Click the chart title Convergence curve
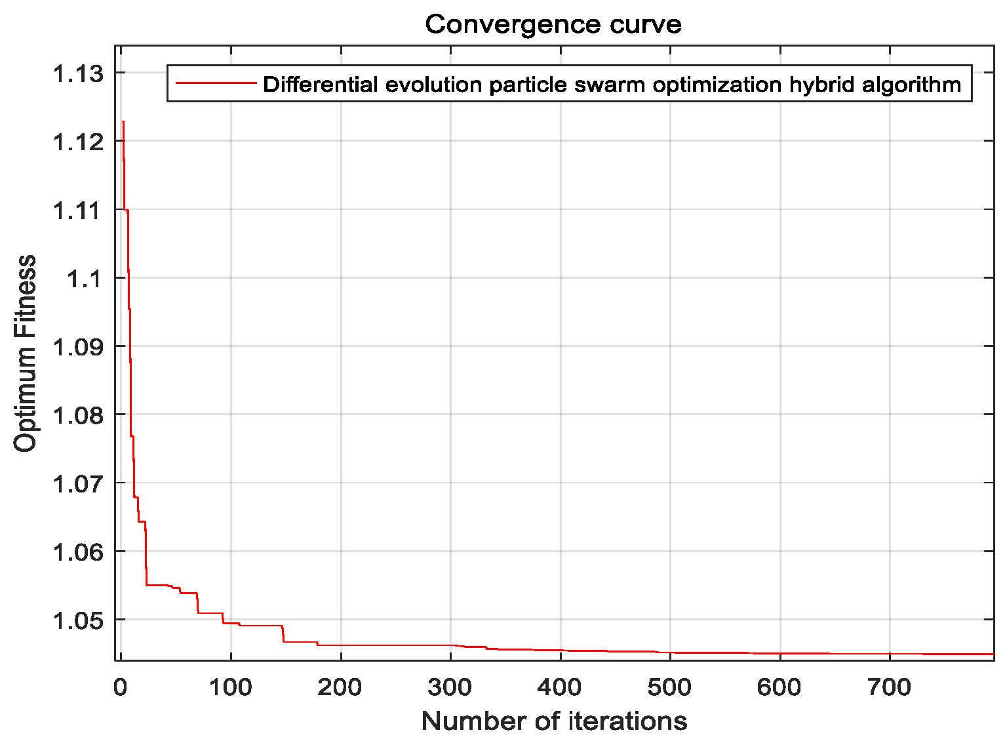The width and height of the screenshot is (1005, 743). point(553,25)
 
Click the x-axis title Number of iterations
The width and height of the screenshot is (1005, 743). point(554,721)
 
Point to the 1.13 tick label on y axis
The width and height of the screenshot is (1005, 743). point(78,73)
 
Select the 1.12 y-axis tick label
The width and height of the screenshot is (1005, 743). point(78,142)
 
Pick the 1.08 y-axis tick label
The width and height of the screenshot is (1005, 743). point(78,415)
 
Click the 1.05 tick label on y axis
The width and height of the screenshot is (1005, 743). point(78,620)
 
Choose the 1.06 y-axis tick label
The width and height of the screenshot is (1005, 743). point(78,552)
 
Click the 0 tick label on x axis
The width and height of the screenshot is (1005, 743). point(120,687)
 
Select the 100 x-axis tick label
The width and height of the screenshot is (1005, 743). point(231,687)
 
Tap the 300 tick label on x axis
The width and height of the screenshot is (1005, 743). point(450,687)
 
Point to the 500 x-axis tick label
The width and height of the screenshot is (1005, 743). point(670,687)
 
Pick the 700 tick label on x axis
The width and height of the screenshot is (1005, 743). point(890,687)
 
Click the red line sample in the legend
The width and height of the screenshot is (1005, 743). point(215,83)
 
